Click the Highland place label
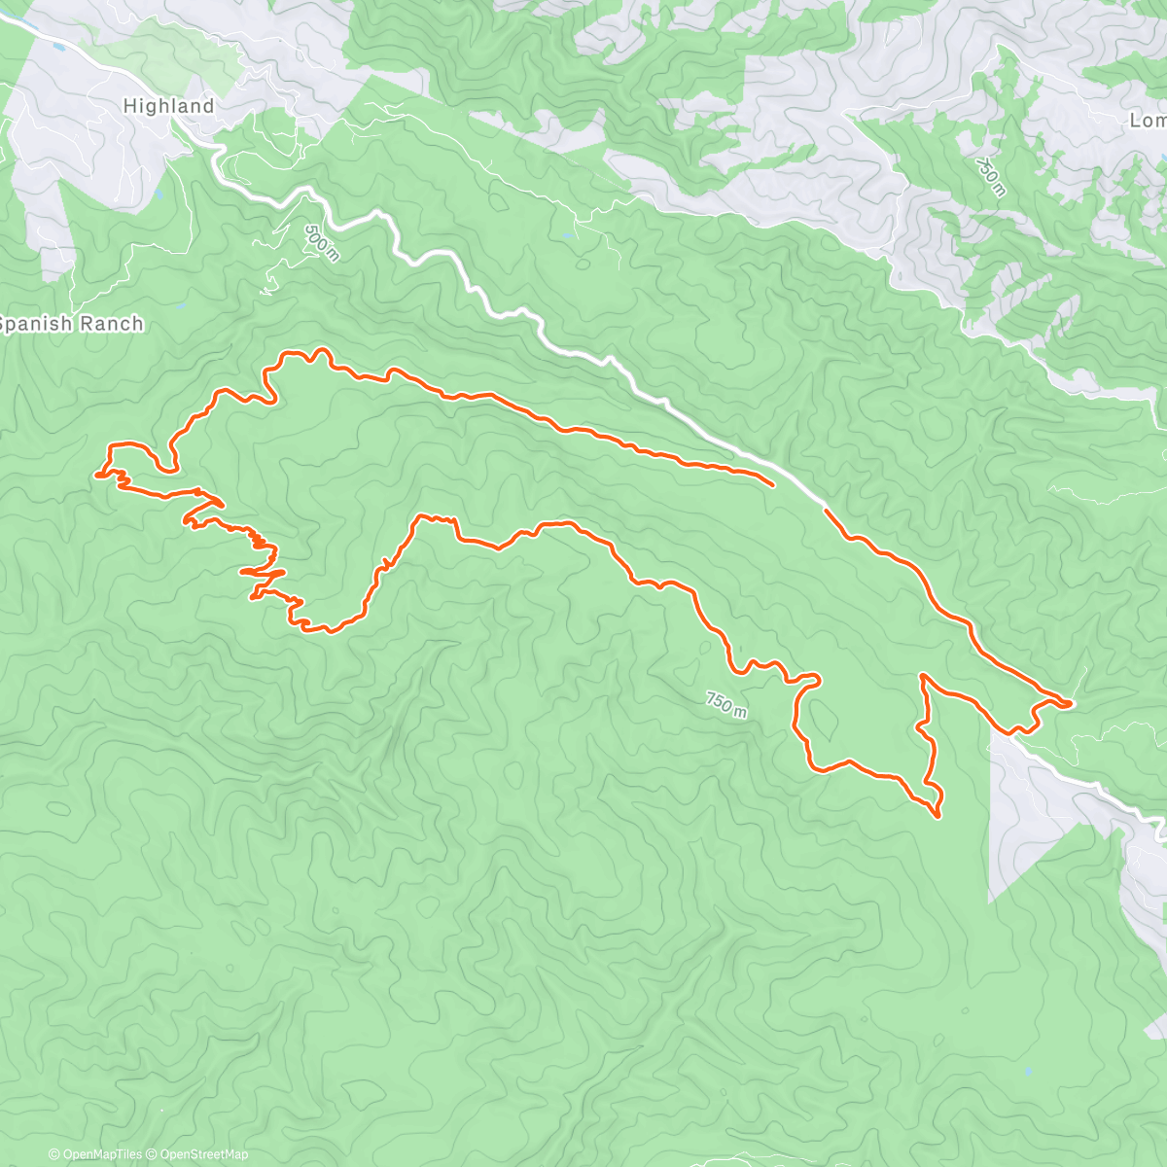(168, 106)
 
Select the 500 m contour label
(322, 242)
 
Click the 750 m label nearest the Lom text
(988, 177)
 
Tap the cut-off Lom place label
(1148, 121)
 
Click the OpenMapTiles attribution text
(95, 1154)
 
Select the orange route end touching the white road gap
(825, 509)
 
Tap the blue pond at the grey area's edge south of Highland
(159, 194)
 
